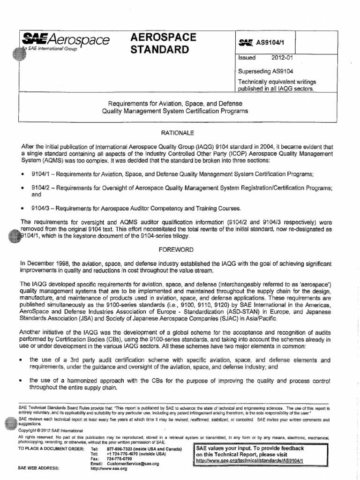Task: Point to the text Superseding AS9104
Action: tap(266, 73)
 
